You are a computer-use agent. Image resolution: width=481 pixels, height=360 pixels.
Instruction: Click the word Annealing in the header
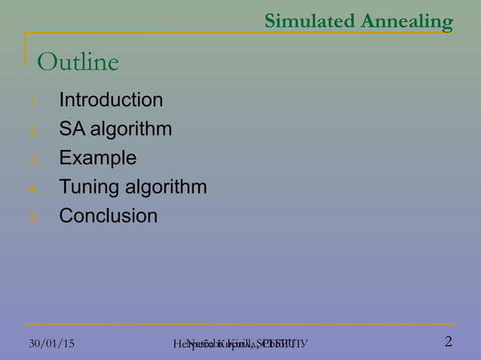(406, 22)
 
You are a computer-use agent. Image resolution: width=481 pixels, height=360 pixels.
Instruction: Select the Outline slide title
(78, 63)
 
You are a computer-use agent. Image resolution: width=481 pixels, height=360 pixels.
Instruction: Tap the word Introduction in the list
(111, 100)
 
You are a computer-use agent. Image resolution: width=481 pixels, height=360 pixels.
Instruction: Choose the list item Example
(98, 158)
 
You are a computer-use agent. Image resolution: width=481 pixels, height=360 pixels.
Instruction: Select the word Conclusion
(109, 216)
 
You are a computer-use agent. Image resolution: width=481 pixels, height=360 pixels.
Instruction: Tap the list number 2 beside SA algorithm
(32, 131)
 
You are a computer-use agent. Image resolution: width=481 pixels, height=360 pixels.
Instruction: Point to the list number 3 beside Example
(32, 160)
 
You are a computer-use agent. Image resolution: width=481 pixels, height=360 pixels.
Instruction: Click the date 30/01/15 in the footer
(51, 343)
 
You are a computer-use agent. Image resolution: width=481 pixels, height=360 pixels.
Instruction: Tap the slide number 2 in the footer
(449, 342)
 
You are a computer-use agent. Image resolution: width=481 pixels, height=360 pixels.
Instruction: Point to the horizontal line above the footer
(241, 325)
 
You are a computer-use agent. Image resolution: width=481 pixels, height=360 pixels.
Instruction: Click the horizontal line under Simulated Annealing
(241, 33)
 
